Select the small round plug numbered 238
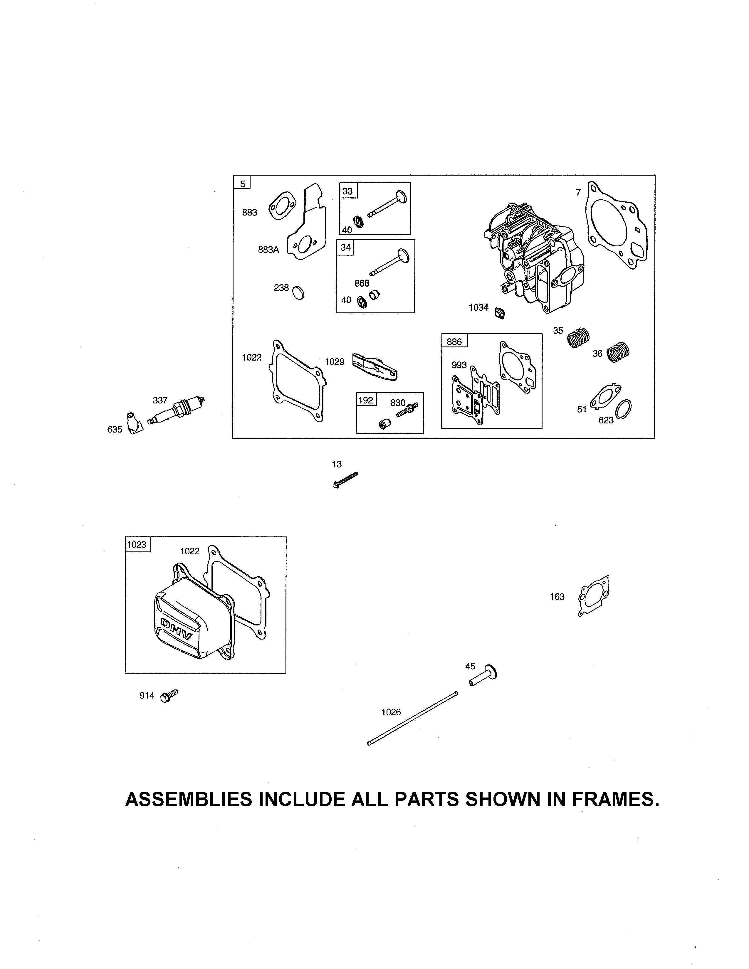click(299, 293)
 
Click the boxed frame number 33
click(348, 191)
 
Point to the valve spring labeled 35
click(579, 338)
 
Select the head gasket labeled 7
click(617, 226)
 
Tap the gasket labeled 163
click(594, 595)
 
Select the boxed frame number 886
click(454, 341)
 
